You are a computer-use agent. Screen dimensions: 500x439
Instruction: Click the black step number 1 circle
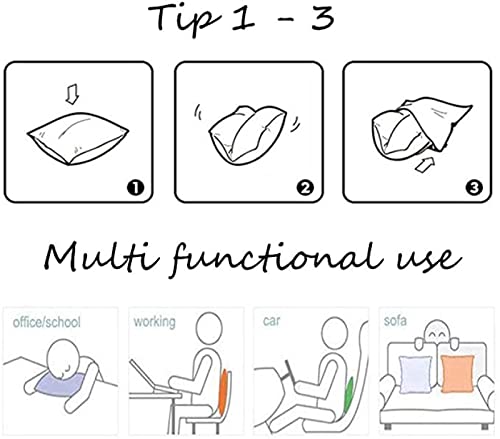tap(135, 188)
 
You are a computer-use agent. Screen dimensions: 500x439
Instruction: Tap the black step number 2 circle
tap(305, 188)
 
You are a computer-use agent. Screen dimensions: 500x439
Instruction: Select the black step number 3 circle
tap(474, 188)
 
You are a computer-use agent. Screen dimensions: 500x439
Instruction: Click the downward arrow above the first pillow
tap(72, 94)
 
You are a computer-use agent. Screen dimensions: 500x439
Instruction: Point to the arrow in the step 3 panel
tap(426, 165)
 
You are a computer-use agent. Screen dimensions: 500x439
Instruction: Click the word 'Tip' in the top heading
tap(184, 18)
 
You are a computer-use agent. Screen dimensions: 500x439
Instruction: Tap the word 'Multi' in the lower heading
tap(102, 257)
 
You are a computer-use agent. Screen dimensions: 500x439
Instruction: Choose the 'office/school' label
tap(47, 322)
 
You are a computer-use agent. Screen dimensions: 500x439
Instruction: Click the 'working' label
tap(154, 322)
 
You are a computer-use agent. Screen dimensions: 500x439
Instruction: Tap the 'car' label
tap(271, 321)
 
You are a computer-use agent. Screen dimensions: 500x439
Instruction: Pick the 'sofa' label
tap(395, 321)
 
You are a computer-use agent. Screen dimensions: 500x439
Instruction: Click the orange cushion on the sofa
tap(457, 374)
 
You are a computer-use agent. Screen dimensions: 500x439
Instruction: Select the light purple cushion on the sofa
tap(415, 375)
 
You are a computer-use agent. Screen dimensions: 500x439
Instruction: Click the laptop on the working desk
tap(147, 378)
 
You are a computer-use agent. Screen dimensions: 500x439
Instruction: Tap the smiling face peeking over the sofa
tap(437, 333)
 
